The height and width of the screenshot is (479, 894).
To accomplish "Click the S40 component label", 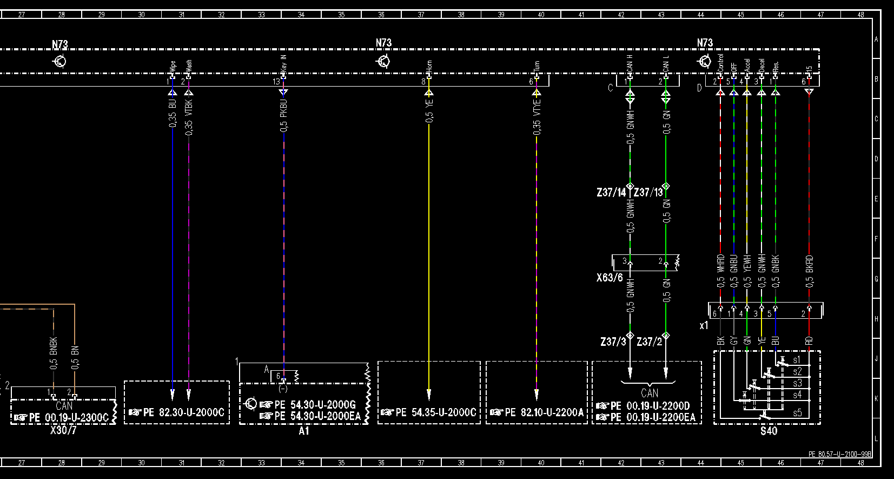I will [769, 431].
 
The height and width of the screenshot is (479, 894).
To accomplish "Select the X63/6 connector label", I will [610, 278].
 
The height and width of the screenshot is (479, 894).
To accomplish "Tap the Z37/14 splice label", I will [611, 192].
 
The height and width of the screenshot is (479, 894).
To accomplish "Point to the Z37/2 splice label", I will [649, 342].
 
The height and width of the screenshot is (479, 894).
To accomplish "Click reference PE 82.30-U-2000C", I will [184, 412].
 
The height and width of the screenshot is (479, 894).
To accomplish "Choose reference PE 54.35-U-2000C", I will [436, 412].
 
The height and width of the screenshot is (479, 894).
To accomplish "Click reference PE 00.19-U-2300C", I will [69, 417].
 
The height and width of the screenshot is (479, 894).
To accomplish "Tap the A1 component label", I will [304, 431].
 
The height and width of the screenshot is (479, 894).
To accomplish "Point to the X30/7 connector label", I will [63, 431].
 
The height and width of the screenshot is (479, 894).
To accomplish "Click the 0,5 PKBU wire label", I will [284, 115].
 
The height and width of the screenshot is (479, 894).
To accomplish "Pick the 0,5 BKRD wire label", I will [809, 271].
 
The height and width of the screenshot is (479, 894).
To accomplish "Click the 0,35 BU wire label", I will [173, 113].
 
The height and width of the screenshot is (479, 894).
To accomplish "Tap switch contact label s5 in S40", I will [797, 413].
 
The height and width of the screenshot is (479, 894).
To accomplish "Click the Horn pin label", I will [429, 67].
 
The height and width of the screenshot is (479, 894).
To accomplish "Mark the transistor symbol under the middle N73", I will [383, 61].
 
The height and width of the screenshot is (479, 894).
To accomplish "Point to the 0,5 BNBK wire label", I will [54, 353].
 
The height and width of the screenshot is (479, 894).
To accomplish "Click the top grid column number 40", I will [541, 15].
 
